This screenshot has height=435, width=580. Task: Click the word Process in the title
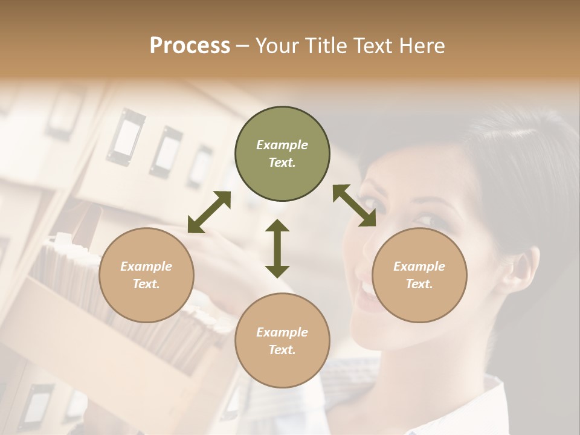190,46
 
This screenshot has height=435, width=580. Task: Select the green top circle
282,154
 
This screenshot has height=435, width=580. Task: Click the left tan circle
146,275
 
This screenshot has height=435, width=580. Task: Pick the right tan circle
419,275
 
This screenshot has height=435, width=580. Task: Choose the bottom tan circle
282,341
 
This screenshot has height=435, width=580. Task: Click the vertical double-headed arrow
277,248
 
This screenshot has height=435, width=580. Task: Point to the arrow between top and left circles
209,212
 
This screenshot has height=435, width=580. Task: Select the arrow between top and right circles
354,205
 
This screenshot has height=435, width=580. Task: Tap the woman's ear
522,266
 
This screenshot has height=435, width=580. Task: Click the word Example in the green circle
282,145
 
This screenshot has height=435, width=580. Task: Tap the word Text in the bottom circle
282,350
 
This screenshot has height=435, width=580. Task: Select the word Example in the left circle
146,266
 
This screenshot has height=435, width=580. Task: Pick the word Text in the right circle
419,284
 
